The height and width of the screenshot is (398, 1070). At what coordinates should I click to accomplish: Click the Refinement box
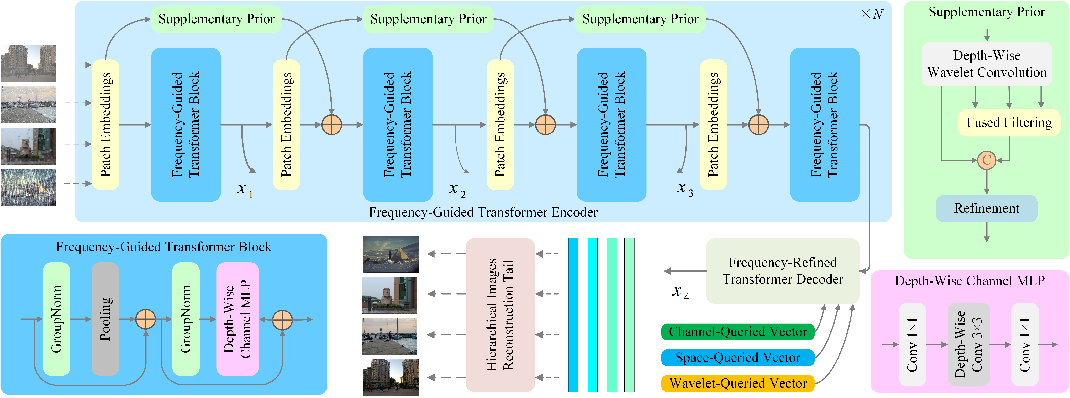click(987, 208)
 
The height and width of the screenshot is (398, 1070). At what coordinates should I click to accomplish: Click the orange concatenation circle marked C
click(987, 160)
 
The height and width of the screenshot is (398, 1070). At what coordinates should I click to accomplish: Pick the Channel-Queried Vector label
click(738, 332)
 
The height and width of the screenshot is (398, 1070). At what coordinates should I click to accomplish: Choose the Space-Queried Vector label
click(738, 357)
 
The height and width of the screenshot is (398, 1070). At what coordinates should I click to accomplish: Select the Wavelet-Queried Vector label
click(738, 383)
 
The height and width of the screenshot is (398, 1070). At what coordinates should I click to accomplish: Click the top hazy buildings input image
click(28, 64)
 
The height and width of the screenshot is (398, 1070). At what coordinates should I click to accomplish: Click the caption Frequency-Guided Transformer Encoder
click(483, 212)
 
